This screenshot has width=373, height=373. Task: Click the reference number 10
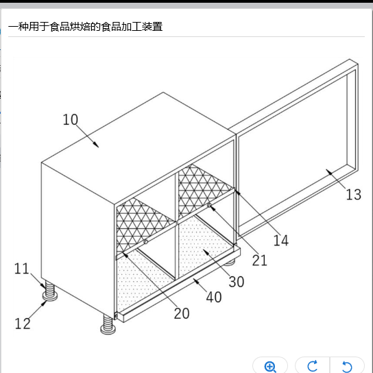(x=70, y=119)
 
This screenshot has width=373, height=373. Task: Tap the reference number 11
(x=22, y=269)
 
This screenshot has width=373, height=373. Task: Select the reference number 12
(x=23, y=324)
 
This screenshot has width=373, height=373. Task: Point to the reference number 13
(x=354, y=194)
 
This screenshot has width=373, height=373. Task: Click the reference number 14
(x=281, y=240)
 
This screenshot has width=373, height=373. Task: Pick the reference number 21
(x=260, y=261)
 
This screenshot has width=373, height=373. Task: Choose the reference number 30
(x=237, y=282)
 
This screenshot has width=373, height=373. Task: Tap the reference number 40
(x=214, y=297)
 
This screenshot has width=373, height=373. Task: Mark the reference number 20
(x=182, y=313)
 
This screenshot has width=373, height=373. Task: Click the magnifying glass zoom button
(x=270, y=366)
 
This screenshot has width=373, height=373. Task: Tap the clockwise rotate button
(x=313, y=366)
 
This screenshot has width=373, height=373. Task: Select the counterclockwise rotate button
(x=347, y=366)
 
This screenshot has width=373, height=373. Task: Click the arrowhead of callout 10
(x=96, y=145)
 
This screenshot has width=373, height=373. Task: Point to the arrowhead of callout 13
(x=329, y=172)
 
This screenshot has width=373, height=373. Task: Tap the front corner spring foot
(x=108, y=324)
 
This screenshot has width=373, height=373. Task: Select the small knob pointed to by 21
(x=209, y=205)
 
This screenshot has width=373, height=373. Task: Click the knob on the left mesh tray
(x=146, y=242)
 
